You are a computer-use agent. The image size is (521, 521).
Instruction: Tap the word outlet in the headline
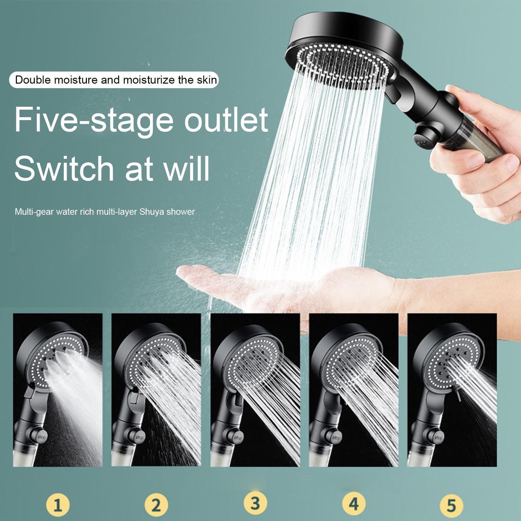226,119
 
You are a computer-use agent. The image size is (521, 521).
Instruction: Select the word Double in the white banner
33,80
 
